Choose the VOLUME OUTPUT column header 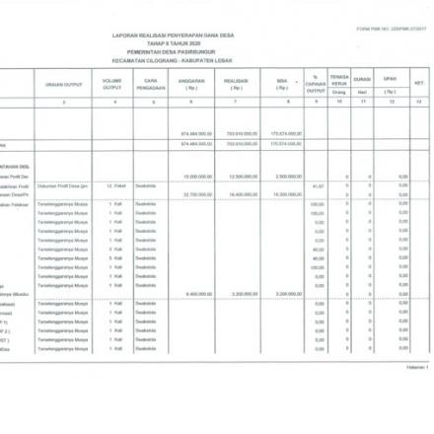(x=114, y=84)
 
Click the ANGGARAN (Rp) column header (x=192, y=84)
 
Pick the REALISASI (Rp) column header (x=236, y=84)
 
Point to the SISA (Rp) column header (x=283, y=84)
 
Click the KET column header (x=419, y=84)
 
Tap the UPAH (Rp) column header (x=391, y=84)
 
